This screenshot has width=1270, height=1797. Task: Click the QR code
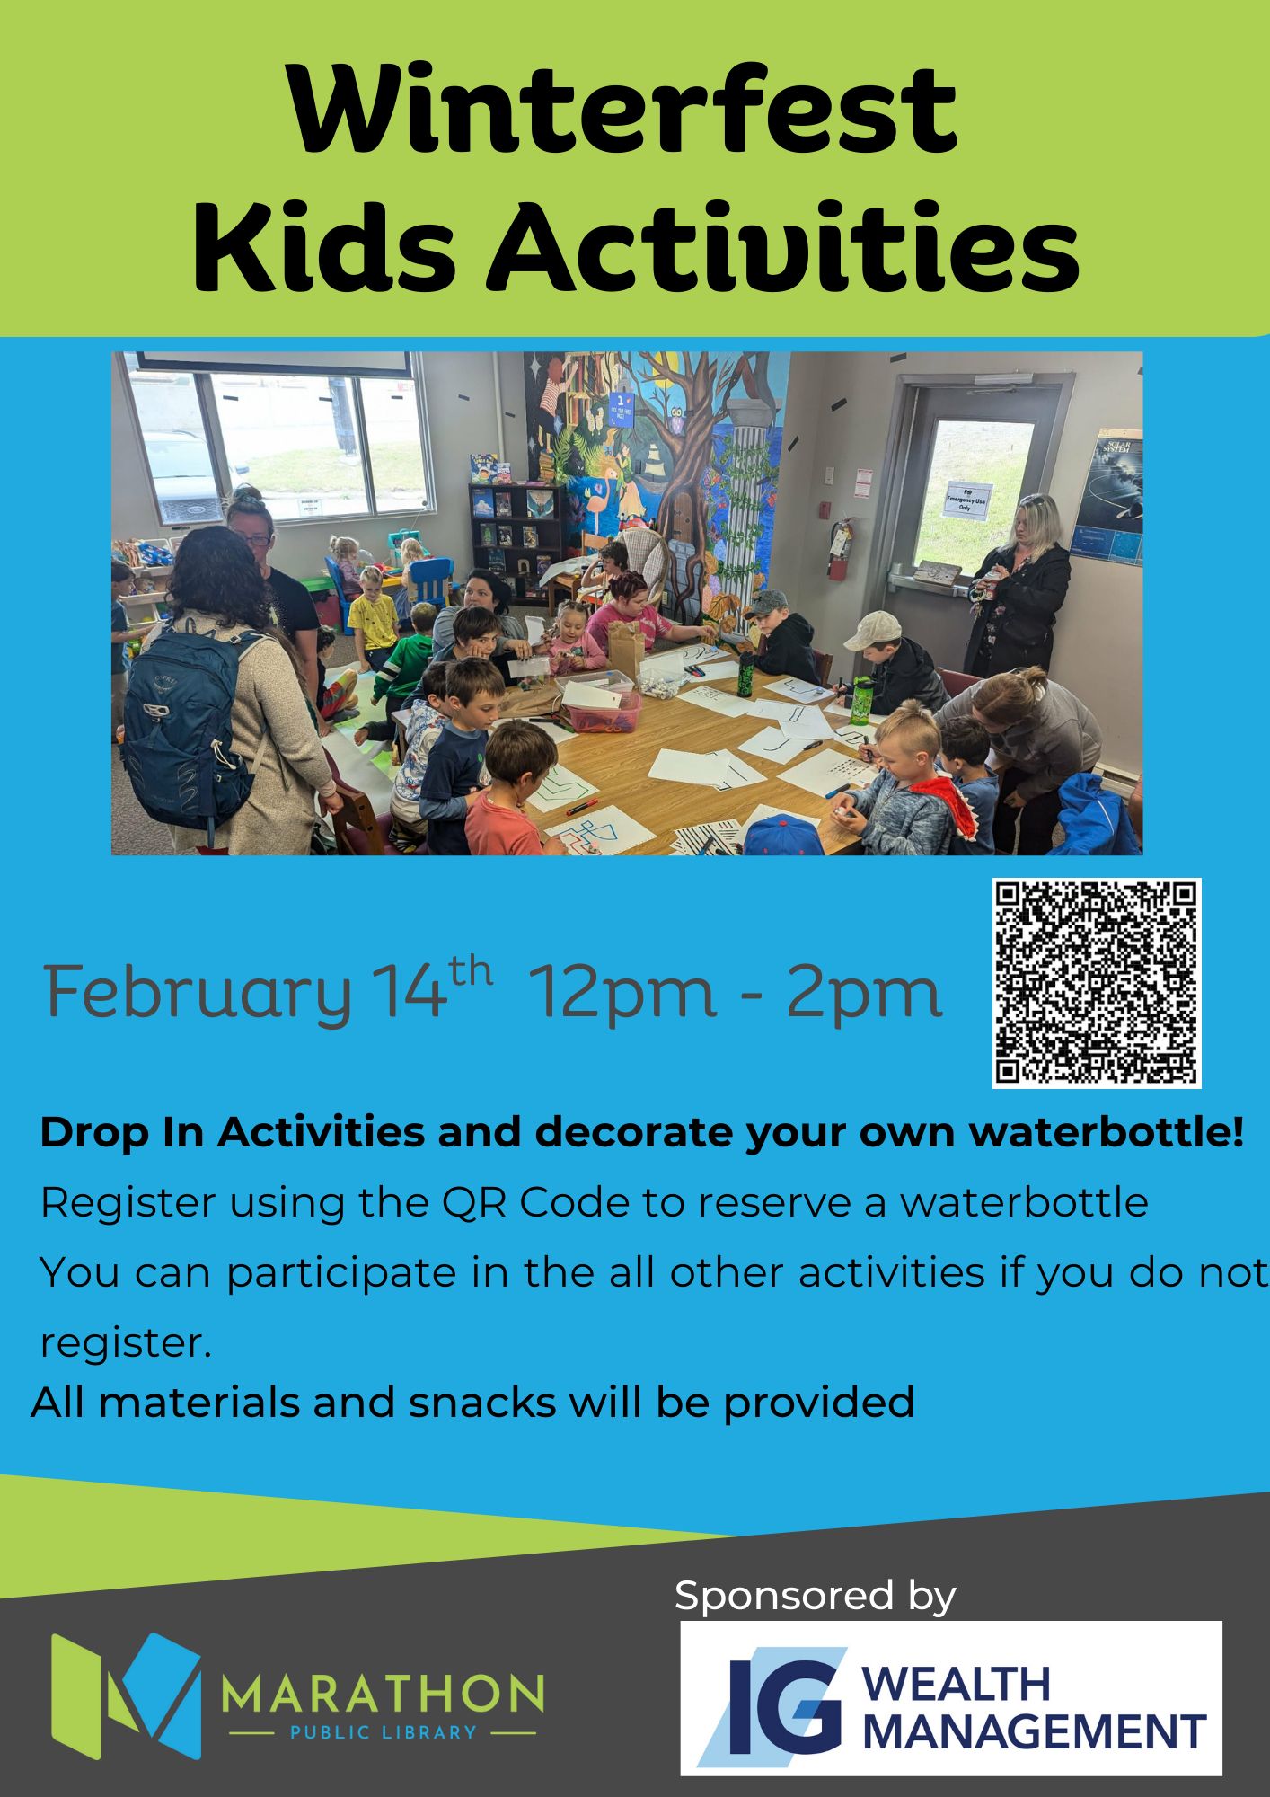tap(1097, 983)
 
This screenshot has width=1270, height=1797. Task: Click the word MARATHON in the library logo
tap(382, 1693)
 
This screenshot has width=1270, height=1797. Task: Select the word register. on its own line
tap(127, 1343)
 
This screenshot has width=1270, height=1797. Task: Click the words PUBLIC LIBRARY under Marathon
tap(382, 1731)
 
